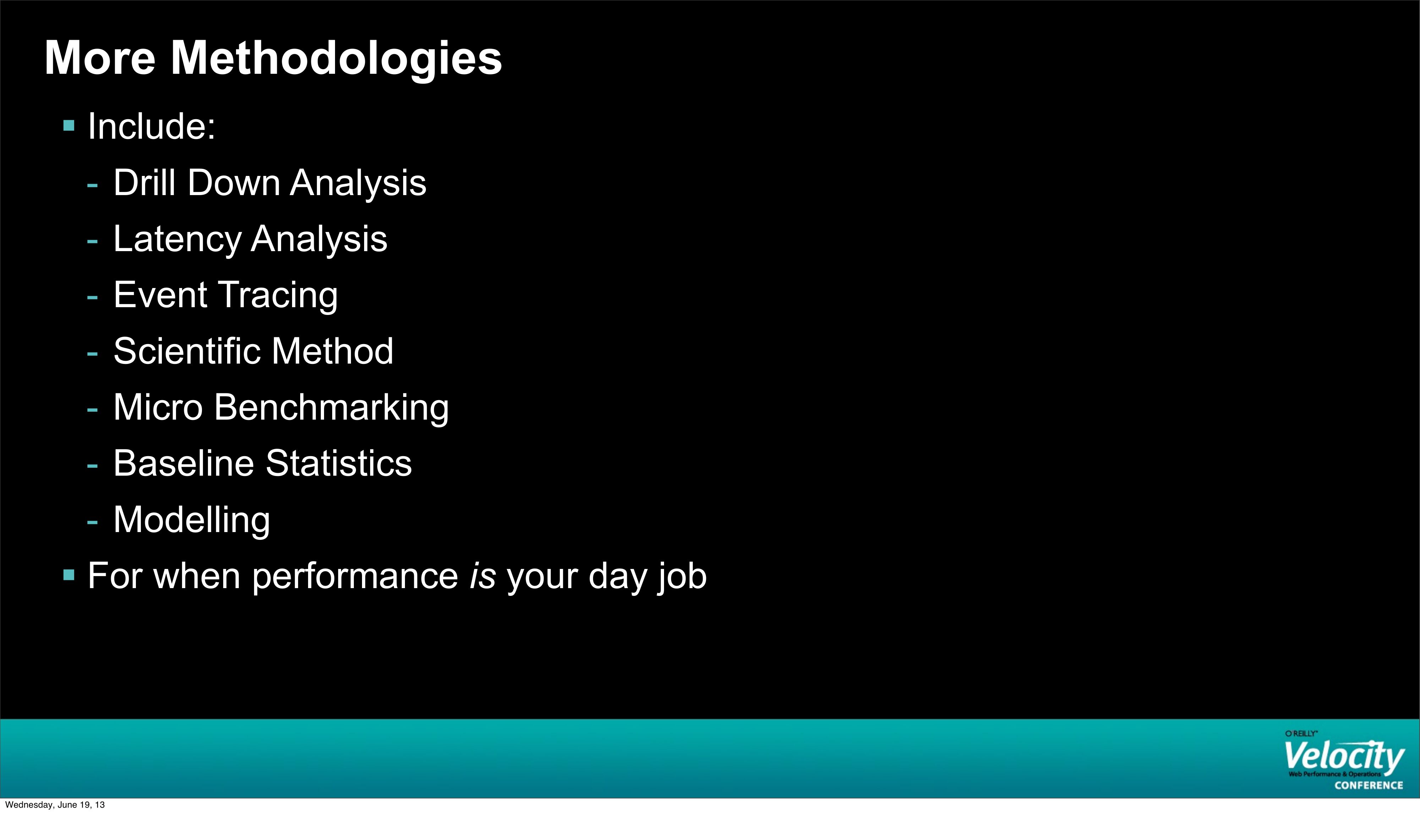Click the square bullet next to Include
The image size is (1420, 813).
point(69,126)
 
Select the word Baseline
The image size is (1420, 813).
point(183,464)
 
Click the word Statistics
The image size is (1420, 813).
point(339,464)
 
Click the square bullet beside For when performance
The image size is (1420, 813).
point(69,575)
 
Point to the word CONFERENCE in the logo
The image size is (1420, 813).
point(1369,785)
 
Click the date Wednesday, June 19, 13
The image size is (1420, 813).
point(55,804)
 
